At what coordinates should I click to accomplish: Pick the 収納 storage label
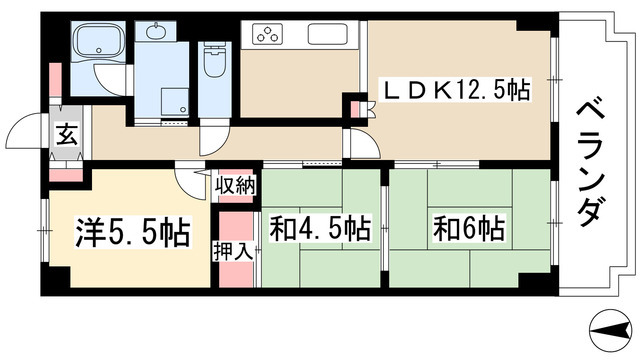(236, 185)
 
